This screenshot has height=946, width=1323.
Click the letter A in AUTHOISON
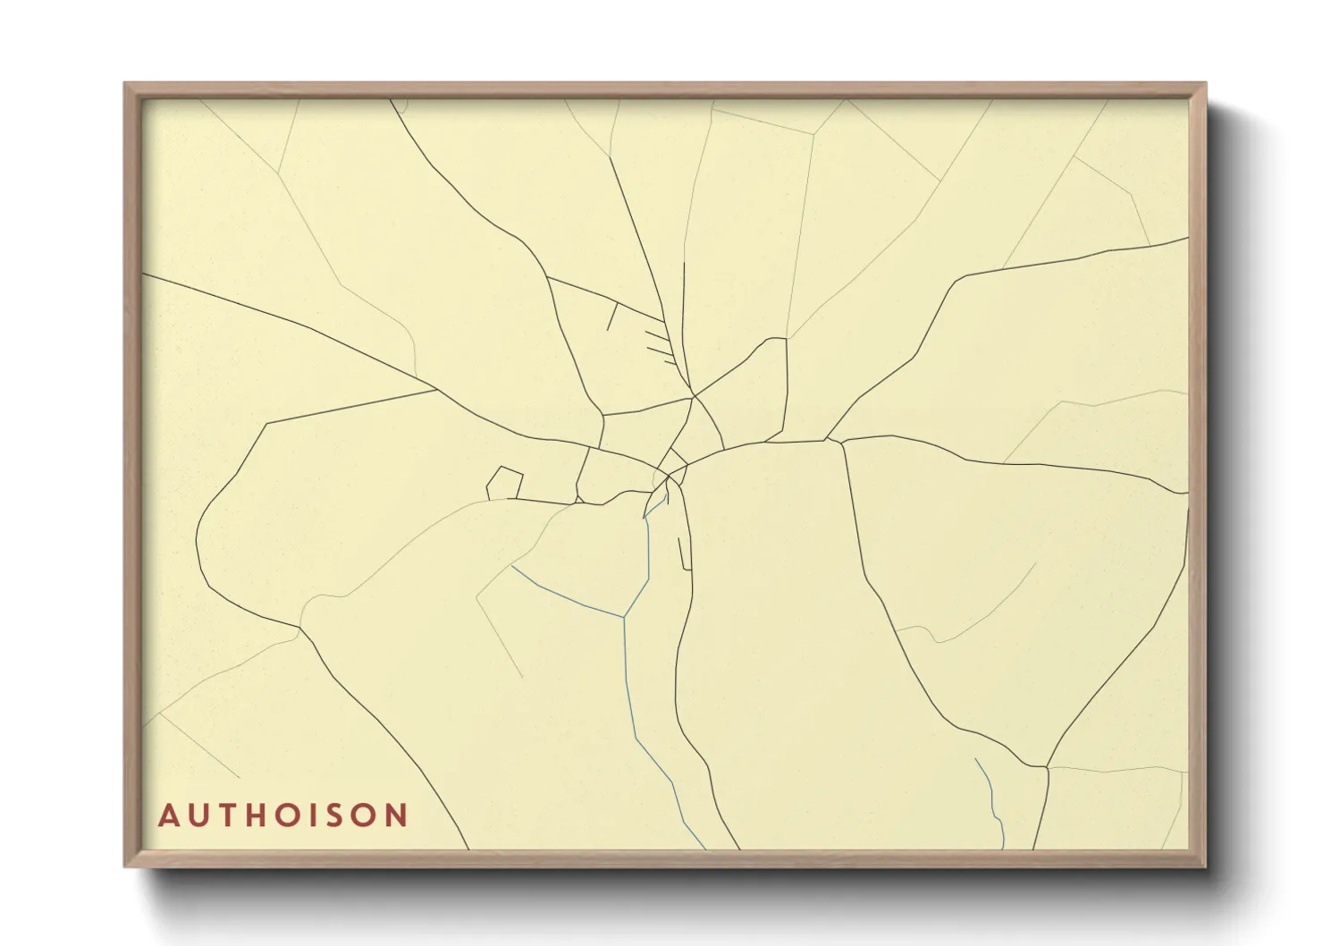pyautogui.click(x=168, y=816)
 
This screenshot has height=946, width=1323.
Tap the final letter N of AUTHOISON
pyautogui.click(x=396, y=816)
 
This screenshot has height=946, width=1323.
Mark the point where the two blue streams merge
pyautogui.click(x=624, y=616)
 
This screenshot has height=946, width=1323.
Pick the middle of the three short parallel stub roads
pyautogui.click(x=658, y=350)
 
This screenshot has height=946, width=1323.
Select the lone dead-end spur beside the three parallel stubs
pyautogui.click(x=611, y=317)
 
